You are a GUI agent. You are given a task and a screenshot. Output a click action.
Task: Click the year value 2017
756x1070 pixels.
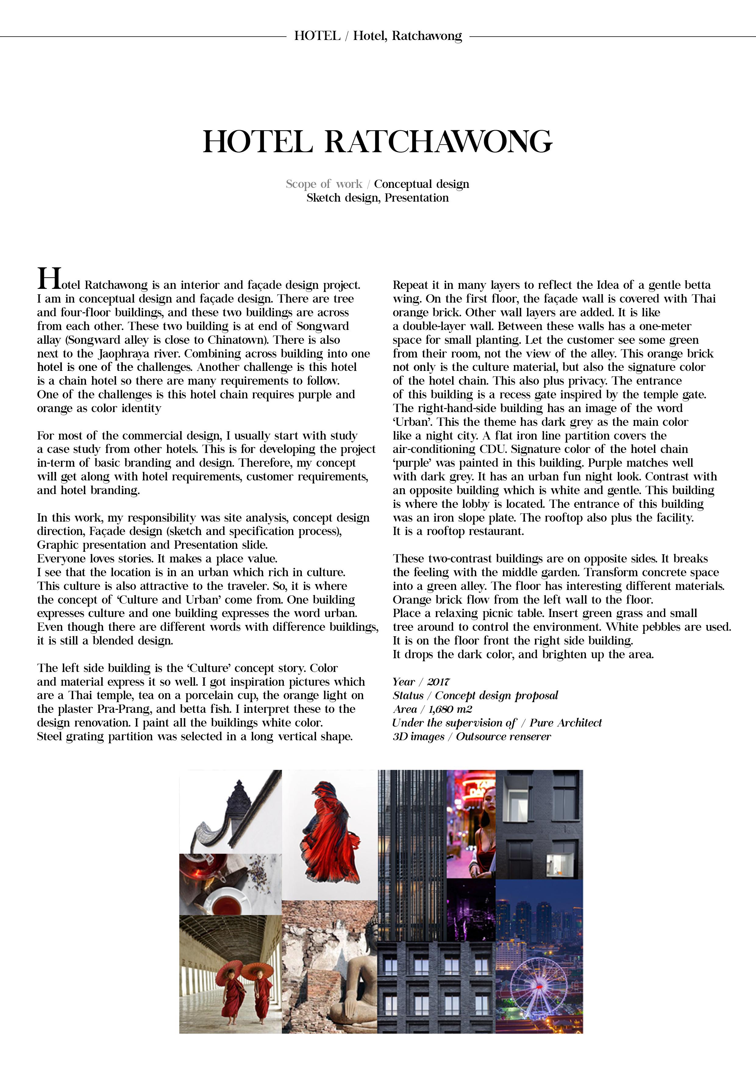click(438, 682)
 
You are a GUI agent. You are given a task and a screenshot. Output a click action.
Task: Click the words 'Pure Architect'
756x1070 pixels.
click(565, 723)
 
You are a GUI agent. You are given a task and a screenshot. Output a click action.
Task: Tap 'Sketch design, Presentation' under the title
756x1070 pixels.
click(377, 198)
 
